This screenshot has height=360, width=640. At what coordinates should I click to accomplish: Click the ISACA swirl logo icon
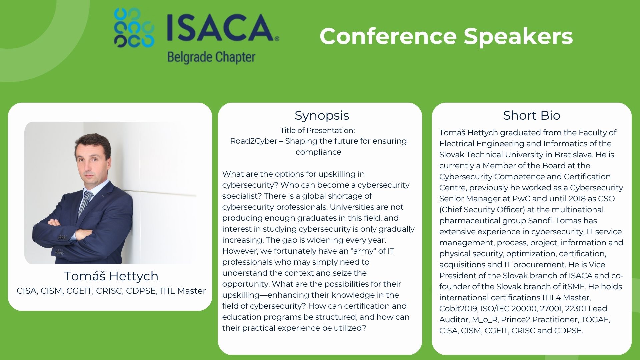coord(134,28)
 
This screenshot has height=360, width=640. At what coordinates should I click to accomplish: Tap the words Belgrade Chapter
coord(211,57)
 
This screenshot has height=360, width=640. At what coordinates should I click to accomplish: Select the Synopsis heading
coord(322,116)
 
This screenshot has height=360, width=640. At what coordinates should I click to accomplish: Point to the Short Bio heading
coord(532,115)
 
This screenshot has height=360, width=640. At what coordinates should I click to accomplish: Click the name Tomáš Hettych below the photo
coord(111,276)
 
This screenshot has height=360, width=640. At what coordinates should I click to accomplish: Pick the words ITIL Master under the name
coord(183,291)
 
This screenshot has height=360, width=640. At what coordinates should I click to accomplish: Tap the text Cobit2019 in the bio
coord(458,309)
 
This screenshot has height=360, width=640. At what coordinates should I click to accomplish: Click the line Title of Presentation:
coord(318,130)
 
